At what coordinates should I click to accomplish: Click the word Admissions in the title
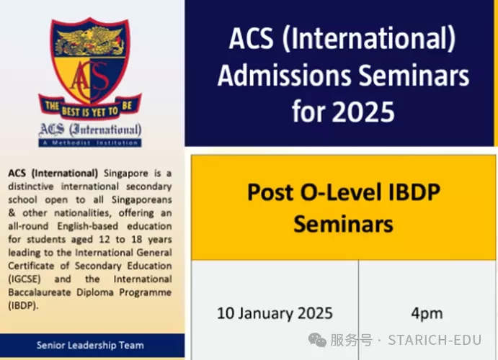tap(284, 76)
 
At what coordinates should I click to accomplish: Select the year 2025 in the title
tap(363, 112)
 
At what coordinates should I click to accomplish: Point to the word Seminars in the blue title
tap(414, 76)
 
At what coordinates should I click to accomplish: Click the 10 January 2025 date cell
tap(275, 313)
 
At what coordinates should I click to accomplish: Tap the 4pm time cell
tap(427, 313)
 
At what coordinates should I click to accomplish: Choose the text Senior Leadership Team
tap(90, 345)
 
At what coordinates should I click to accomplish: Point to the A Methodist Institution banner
tap(90, 143)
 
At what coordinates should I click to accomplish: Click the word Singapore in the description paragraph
tap(126, 174)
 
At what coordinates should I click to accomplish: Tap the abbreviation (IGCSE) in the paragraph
tap(25, 279)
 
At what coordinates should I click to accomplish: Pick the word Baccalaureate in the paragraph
tap(40, 292)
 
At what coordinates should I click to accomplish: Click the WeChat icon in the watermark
tap(317, 341)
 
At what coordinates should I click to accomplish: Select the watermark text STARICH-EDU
tap(435, 341)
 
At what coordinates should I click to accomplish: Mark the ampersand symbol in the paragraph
tap(12, 212)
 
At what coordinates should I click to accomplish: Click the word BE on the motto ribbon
tap(127, 105)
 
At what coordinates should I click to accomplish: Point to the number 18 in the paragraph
tap(136, 239)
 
